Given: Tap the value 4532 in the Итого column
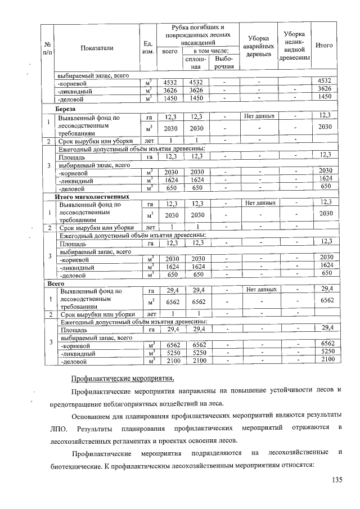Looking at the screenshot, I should point(326,82).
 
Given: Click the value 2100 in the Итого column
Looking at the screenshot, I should point(326,359).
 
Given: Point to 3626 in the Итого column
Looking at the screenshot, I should point(326,89).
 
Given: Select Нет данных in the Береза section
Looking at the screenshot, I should point(259,116).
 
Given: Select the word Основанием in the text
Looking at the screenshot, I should point(91,416).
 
